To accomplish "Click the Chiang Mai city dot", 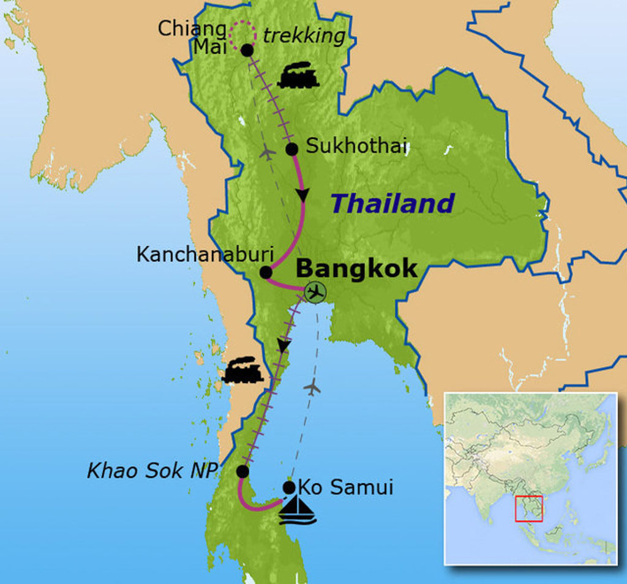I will [x=247, y=50].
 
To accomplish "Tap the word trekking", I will [x=304, y=36].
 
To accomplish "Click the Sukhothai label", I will [x=356, y=146].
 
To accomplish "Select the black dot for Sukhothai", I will [x=292, y=149].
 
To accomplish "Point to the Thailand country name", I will [x=392, y=203].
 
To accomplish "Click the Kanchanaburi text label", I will [x=205, y=254].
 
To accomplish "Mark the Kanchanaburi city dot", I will [x=266, y=272].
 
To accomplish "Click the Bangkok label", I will [x=357, y=269].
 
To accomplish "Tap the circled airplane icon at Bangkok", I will [x=315, y=292].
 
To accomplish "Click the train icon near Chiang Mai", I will [x=298, y=76].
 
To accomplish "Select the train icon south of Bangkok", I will [x=243, y=370].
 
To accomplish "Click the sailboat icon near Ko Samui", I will [x=297, y=511].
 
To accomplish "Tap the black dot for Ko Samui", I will [x=289, y=487].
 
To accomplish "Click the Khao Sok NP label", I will [x=152, y=471].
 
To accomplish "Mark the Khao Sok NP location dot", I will [x=242, y=471].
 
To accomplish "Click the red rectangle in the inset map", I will [x=528, y=509].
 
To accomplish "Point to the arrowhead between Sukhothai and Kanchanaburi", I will [x=302, y=195].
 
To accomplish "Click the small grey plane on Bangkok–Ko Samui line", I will [x=312, y=387].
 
